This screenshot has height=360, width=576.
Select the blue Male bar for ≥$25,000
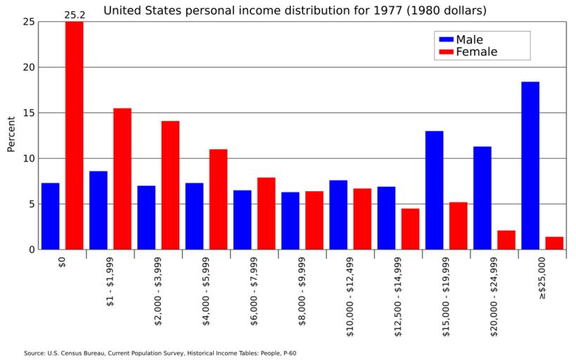[x=530, y=165]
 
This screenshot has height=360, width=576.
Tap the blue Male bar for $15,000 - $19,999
[x=435, y=190]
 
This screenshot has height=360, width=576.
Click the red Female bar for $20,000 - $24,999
[x=506, y=240]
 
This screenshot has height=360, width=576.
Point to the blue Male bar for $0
[x=51, y=216]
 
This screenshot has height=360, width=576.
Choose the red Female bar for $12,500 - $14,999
[x=411, y=229]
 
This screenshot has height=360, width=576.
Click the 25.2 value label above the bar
[x=75, y=14]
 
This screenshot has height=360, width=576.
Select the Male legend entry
[x=468, y=39]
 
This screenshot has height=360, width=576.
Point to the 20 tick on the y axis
[x=28, y=67]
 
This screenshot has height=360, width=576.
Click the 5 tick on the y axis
[x=31, y=204]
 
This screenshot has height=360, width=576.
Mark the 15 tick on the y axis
[x=28, y=113]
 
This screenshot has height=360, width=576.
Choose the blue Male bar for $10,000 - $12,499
[x=338, y=214]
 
